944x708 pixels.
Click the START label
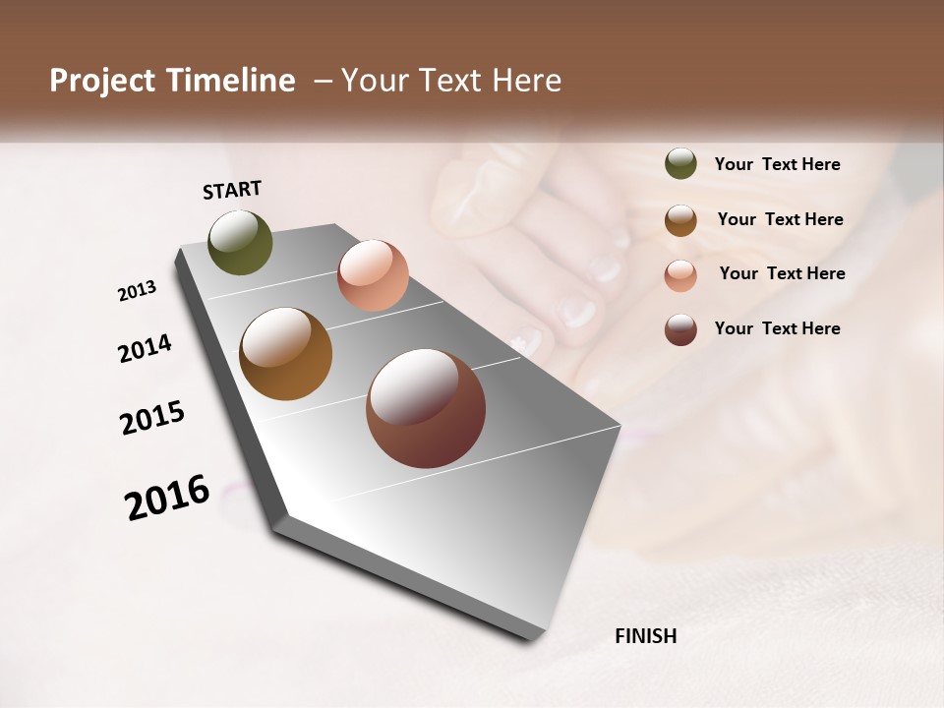tap(232, 189)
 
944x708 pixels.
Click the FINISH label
tap(645, 636)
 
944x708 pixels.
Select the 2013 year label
tap(137, 291)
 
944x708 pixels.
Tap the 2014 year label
tap(145, 348)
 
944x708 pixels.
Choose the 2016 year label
tap(167, 498)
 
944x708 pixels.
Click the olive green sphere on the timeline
tap(240, 242)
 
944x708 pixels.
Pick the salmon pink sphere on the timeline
tap(373, 275)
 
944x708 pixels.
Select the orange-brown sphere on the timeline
tap(285, 354)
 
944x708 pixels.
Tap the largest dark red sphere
tap(426, 408)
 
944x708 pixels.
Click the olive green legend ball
tap(680, 163)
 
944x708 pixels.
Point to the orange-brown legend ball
tap(680, 219)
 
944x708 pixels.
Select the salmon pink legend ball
tap(680, 274)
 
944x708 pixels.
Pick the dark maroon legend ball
tap(680, 328)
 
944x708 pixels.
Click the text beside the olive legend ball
tap(777, 164)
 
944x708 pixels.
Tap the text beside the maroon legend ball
tap(777, 328)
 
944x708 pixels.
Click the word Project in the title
tap(102, 81)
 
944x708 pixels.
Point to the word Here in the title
tap(526, 81)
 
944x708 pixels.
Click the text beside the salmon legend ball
tap(782, 273)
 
